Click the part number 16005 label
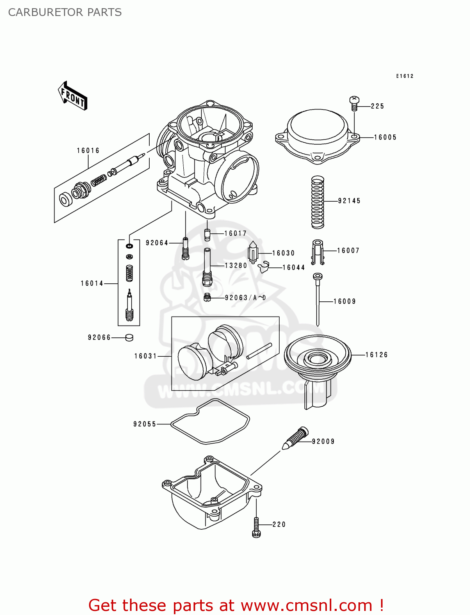point(385,137)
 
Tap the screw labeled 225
point(354,103)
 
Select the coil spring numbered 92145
point(318,202)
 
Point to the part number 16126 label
point(376,355)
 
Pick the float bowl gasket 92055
point(210,422)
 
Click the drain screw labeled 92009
point(296,438)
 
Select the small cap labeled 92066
point(129,337)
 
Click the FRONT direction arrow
point(73,96)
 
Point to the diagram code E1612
point(404,76)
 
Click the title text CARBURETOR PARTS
point(65,12)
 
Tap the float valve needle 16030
point(253,251)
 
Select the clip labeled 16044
point(264,267)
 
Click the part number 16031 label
point(146,356)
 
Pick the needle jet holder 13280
point(207,267)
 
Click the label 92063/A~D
point(245,298)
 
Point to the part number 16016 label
point(88,151)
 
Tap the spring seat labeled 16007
point(317,251)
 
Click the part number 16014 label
point(92,283)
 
